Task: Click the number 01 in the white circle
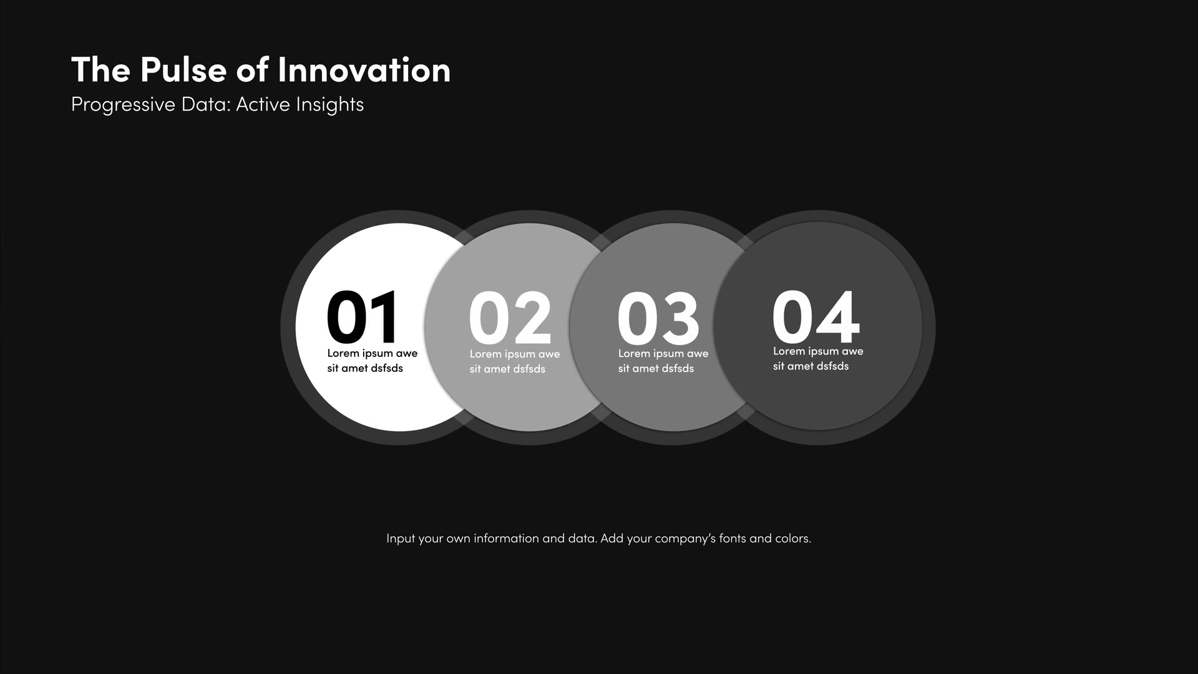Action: click(362, 316)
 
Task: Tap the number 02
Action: click(510, 318)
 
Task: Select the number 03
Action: click(658, 318)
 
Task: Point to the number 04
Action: click(816, 316)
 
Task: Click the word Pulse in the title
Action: click(183, 69)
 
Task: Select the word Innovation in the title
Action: click(364, 69)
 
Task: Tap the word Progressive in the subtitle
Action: click(123, 105)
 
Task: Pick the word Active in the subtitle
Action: click(263, 104)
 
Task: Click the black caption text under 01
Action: click(373, 361)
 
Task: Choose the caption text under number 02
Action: click(515, 361)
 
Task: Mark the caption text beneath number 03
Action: click(663, 361)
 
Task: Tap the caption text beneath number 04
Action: click(818, 358)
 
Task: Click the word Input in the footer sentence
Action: click(401, 539)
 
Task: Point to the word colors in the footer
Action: click(792, 538)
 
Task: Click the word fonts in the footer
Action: click(733, 538)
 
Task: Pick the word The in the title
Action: click(100, 69)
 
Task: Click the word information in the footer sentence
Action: click(506, 538)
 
